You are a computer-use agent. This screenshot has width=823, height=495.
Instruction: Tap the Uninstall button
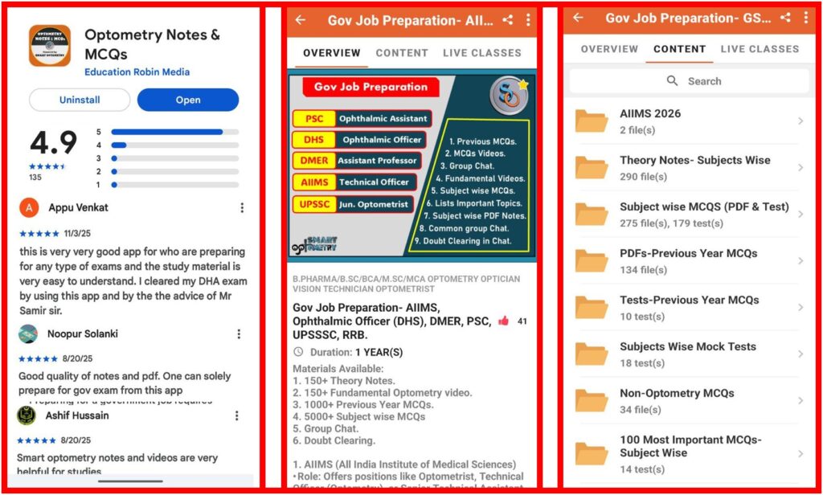[x=80, y=100]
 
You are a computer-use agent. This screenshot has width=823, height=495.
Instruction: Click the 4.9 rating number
[x=53, y=143]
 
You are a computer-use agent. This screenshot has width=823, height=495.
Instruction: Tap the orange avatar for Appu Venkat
[x=30, y=207]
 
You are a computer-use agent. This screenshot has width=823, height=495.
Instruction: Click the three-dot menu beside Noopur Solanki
[x=239, y=334]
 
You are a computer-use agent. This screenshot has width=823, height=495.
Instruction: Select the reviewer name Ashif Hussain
[x=78, y=415]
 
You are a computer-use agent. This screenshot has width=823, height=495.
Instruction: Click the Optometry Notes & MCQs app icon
[x=50, y=46]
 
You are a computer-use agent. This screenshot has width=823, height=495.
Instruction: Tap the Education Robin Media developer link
[x=137, y=72]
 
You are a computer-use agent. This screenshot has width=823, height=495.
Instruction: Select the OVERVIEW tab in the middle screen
[x=331, y=53]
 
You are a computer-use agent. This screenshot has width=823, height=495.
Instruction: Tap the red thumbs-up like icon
[x=503, y=321]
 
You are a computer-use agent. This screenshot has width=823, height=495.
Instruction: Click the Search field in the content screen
[x=689, y=81]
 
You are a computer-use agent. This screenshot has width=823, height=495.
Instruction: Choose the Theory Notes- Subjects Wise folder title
[x=694, y=160]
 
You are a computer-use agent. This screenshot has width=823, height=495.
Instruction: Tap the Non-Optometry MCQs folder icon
[x=592, y=400]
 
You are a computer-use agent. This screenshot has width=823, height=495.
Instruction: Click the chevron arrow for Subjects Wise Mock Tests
[x=800, y=354]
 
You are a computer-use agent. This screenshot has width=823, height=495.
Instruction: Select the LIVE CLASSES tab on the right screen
[x=760, y=49]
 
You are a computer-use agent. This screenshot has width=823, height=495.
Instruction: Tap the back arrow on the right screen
[x=578, y=18]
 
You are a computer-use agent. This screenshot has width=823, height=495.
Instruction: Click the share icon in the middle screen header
[x=507, y=20]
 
